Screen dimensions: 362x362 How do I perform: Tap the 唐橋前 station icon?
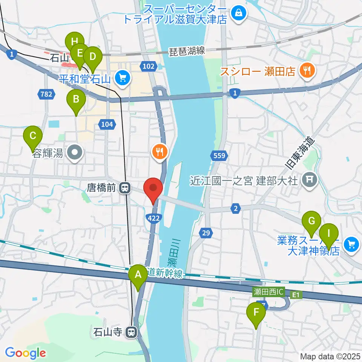coord(124,187)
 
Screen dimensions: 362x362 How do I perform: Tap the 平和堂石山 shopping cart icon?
coord(122,78)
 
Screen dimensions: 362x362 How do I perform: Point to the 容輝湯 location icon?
coord(75,153)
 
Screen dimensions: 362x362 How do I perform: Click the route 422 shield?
coord(155,218)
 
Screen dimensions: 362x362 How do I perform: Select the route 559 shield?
coord(221,155)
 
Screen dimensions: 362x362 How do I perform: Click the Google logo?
coord(25,353)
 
